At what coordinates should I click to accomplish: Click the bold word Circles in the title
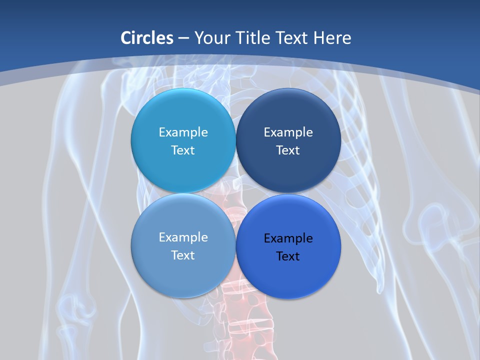click(147, 38)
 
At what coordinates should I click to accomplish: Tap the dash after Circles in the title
click(183, 38)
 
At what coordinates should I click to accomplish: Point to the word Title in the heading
click(253, 38)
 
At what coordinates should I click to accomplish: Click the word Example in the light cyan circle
click(183, 132)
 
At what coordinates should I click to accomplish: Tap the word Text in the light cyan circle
click(183, 150)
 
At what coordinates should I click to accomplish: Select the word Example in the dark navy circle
click(288, 132)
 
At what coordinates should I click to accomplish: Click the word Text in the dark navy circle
click(288, 150)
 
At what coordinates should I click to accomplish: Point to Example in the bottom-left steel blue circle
click(183, 237)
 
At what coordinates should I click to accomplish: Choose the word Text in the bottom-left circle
click(183, 255)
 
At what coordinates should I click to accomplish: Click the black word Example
click(288, 238)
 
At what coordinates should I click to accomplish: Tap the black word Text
click(288, 256)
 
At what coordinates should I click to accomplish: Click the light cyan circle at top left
click(183, 110)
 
